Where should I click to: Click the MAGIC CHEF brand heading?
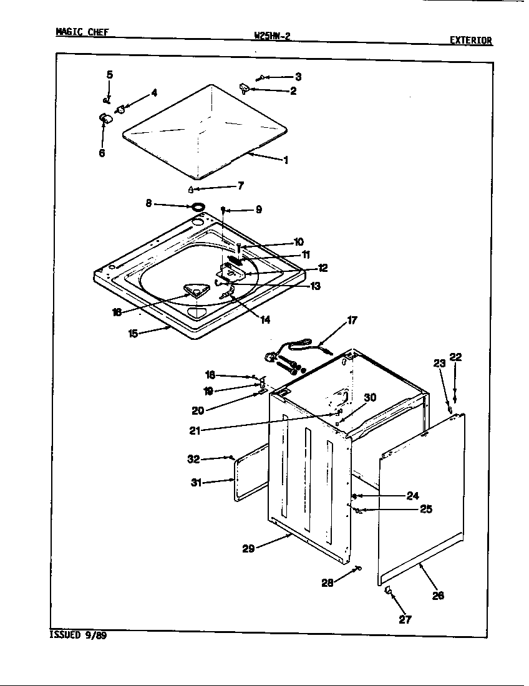pos(82,32)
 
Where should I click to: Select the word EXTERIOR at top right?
pos(471,41)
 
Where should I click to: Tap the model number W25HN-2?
pos(272,36)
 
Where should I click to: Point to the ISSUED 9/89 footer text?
pos(77,635)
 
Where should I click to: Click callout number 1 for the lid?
pos(286,160)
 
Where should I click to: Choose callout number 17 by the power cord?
pos(352,321)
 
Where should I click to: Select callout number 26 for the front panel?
pos(438,596)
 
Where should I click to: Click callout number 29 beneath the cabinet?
pos(248,549)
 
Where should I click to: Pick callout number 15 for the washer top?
pos(133,334)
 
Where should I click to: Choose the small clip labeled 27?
pos(387,589)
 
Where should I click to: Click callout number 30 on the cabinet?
pos(370,398)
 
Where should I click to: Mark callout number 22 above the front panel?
pos(455,357)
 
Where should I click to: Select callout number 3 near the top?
pos(298,77)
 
